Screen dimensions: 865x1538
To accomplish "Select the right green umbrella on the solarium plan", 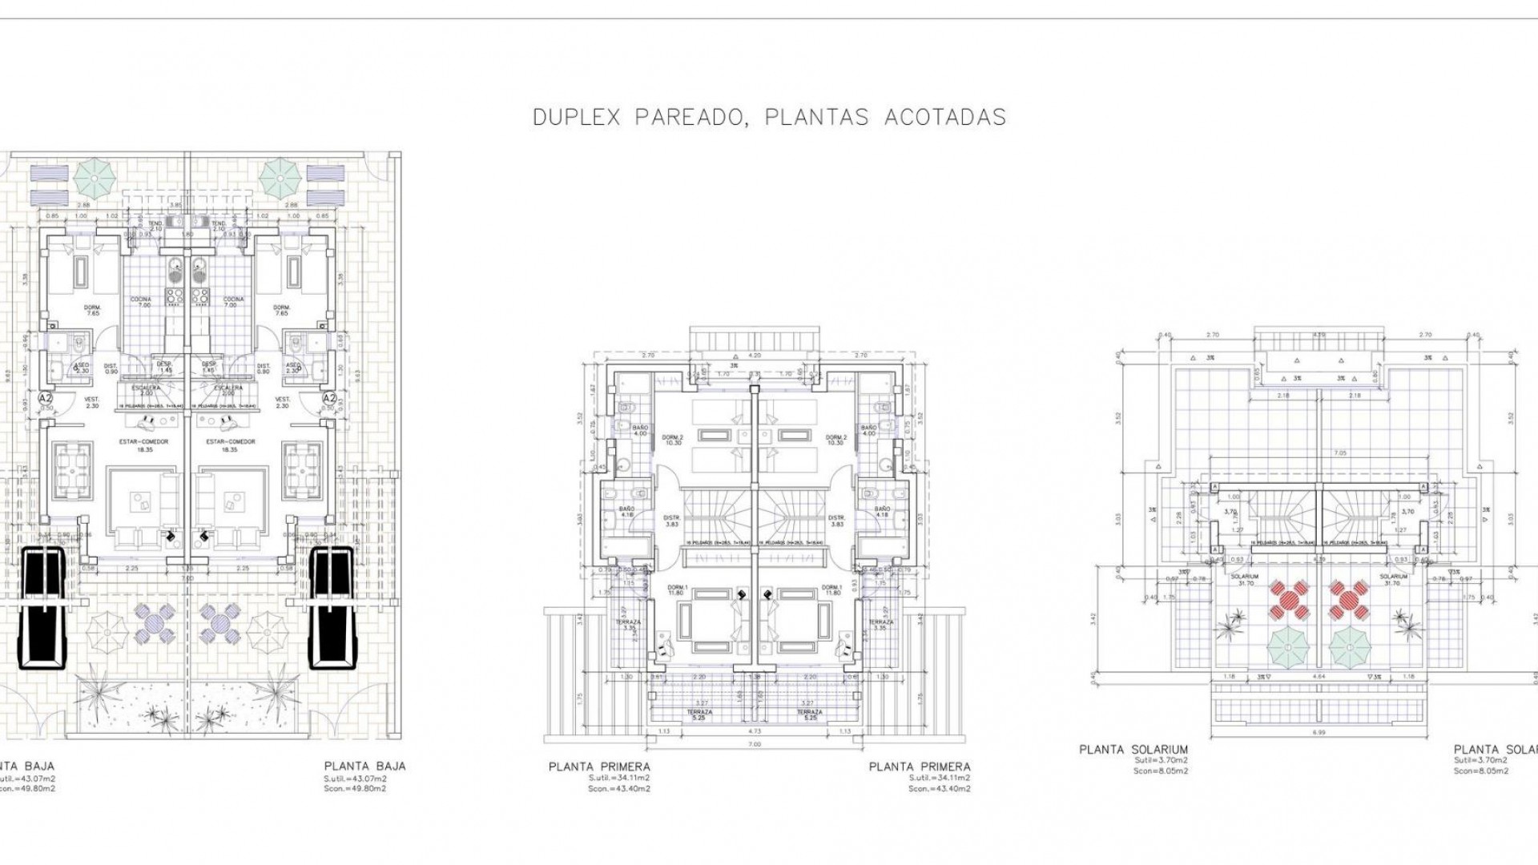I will tap(1351, 643).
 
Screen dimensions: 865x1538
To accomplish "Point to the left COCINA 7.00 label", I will tap(142, 302).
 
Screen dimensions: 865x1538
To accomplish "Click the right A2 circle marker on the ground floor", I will tap(329, 397).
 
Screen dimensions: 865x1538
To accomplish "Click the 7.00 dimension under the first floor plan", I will tap(754, 744).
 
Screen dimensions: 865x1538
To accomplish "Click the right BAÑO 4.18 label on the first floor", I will tap(882, 513).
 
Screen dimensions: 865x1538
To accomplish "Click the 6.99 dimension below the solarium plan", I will tap(1321, 734).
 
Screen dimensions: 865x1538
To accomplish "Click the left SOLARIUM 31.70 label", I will tap(1246, 580).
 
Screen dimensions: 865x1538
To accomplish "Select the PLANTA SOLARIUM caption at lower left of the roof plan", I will tap(1133, 750).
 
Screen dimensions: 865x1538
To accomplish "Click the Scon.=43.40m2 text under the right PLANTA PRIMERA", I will tap(939, 789).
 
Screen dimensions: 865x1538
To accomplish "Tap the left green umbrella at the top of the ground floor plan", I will tap(95, 177).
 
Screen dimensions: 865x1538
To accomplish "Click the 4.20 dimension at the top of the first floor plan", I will tap(754, 354).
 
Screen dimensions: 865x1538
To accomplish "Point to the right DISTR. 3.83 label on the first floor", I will tap(837, 521).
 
